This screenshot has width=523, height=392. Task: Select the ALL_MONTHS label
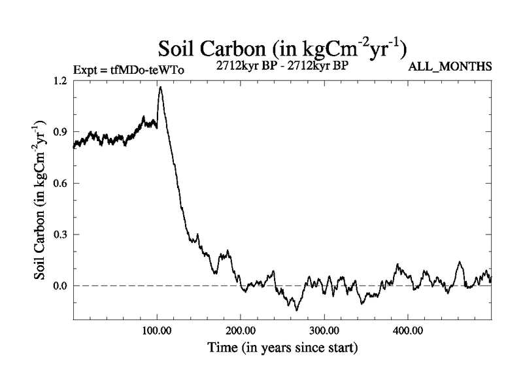pos(450,67)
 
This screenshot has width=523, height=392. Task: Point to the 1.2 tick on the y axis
pos(60,80)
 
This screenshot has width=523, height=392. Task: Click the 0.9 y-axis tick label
pos(60,131)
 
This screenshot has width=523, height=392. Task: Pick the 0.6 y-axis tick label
pos(60,183)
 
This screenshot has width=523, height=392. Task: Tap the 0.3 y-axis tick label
pos(60,234)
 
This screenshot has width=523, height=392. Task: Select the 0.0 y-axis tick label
pos(60,286)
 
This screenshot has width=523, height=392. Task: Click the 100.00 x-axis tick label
pos(156,330)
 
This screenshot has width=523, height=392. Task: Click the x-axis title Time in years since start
pos(282,348)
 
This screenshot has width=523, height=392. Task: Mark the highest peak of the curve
pos(160,87)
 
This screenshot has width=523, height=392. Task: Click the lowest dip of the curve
pos(297,310)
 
